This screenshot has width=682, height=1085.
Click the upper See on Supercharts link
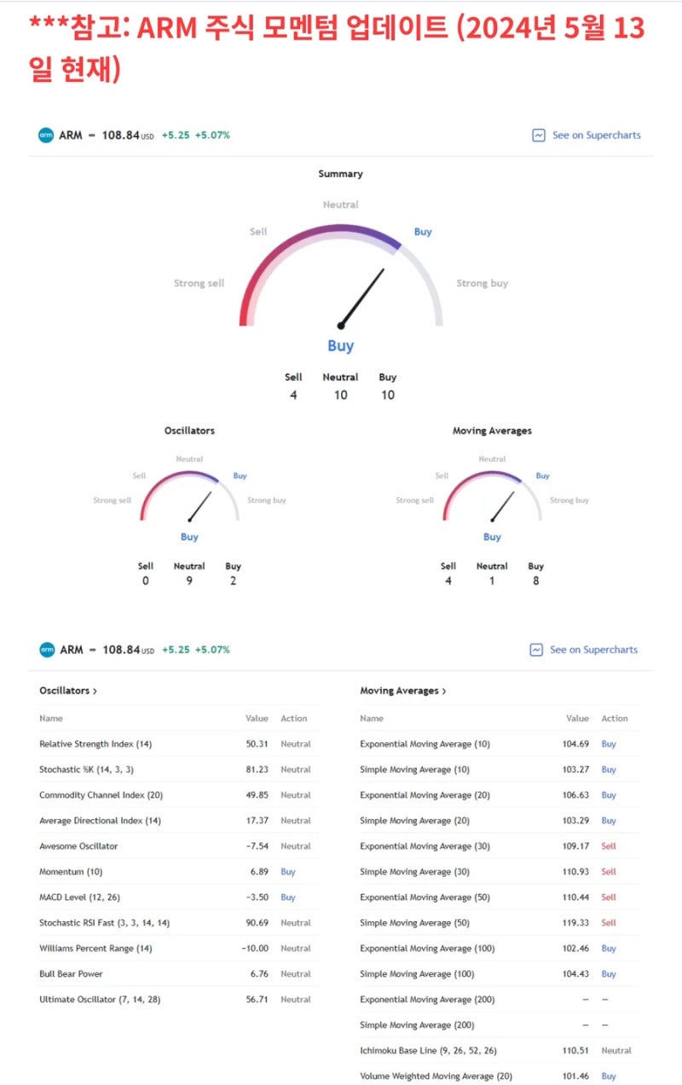[596, 135]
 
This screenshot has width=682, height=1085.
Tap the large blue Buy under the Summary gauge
[340, 346]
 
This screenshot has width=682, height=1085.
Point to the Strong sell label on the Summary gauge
[199, 283]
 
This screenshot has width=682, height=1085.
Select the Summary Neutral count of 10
[340, 395]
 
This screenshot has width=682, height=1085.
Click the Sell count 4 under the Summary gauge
[293, 395]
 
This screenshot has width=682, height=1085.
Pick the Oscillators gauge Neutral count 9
[189, 581]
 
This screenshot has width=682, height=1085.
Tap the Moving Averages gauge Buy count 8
[535, 581]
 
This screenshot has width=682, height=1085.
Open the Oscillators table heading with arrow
[68, 690]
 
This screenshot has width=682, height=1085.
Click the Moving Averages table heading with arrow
[403, 690]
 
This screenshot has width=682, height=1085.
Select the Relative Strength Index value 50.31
[257, 744]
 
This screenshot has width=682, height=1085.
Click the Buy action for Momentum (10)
[288, 872]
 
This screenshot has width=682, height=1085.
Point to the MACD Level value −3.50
[257, 897]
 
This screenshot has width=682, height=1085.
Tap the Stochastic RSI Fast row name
[104, 923]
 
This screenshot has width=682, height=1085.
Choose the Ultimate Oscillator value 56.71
[257, 1000]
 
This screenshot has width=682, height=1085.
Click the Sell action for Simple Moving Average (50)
[609, 923]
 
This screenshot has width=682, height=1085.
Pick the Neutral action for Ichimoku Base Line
[616, 1051]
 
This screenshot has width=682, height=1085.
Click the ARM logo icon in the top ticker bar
[46, 135]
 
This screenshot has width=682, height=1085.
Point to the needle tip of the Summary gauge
[383, 271]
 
